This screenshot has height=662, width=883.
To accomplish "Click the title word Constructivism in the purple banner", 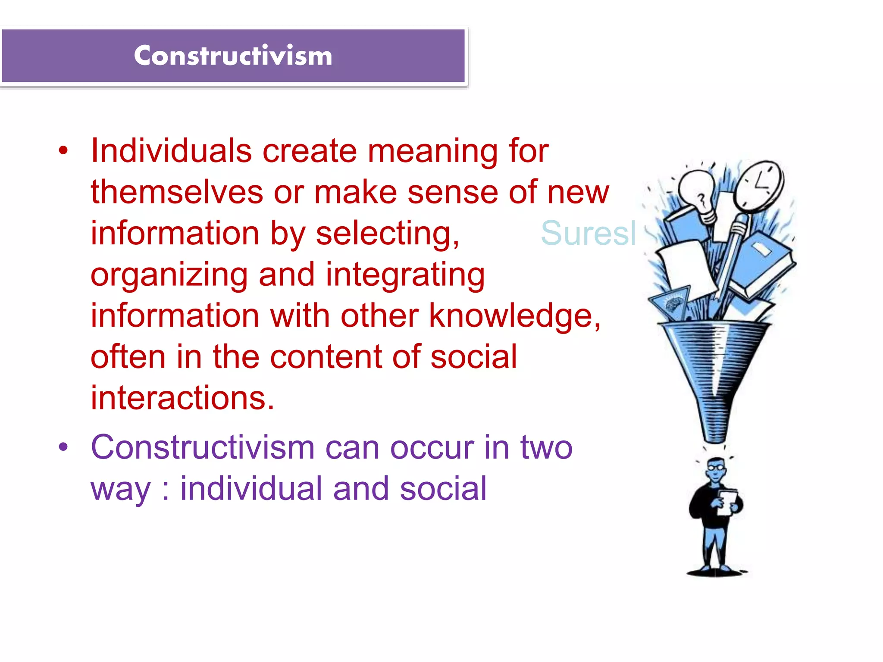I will [233, 56].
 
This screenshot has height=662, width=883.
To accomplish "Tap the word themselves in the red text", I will [177, 192].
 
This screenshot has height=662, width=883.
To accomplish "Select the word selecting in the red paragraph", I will [387, 234].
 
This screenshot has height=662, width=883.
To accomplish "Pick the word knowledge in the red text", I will [514, 316].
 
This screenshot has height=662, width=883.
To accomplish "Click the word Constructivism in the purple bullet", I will [203, 447].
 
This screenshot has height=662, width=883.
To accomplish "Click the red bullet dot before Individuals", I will [63, 151].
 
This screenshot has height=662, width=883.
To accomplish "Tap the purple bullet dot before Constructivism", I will [63, 447].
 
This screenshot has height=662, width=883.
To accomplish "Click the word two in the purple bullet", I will [546, 447].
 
